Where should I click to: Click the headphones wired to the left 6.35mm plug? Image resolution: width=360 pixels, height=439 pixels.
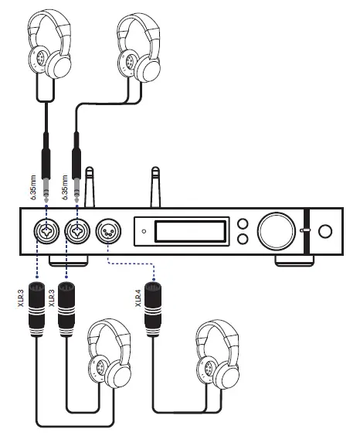pyautogui.click(x=48, y=46)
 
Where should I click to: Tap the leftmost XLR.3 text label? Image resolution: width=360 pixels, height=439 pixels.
pyautogui.click(x=23, y=294)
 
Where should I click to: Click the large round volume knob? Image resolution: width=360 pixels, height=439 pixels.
pyautogui.click(x=276, y=230)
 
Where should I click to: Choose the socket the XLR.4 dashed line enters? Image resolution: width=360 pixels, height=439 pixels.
pyautogui.click(x=106, y=230)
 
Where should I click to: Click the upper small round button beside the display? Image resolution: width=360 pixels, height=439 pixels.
pyautogui.click(x=243, y=224)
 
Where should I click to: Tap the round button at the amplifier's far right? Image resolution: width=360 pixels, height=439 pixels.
pyautogui.click(x=325, y=230)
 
